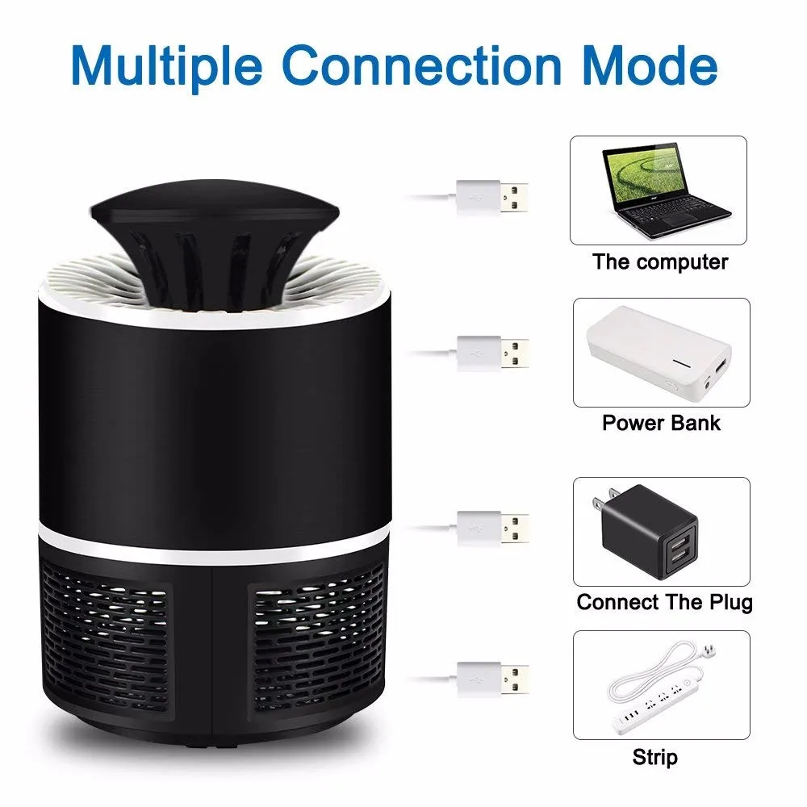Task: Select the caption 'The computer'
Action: (x=660, y=262)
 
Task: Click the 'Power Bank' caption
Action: (x=661, y=422)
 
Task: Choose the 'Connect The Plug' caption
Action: (x=664, y=602)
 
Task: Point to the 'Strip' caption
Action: (x=654, y=757)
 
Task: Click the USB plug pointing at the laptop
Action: (x=492, y=195)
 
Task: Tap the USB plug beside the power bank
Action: (x=492, y=353)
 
